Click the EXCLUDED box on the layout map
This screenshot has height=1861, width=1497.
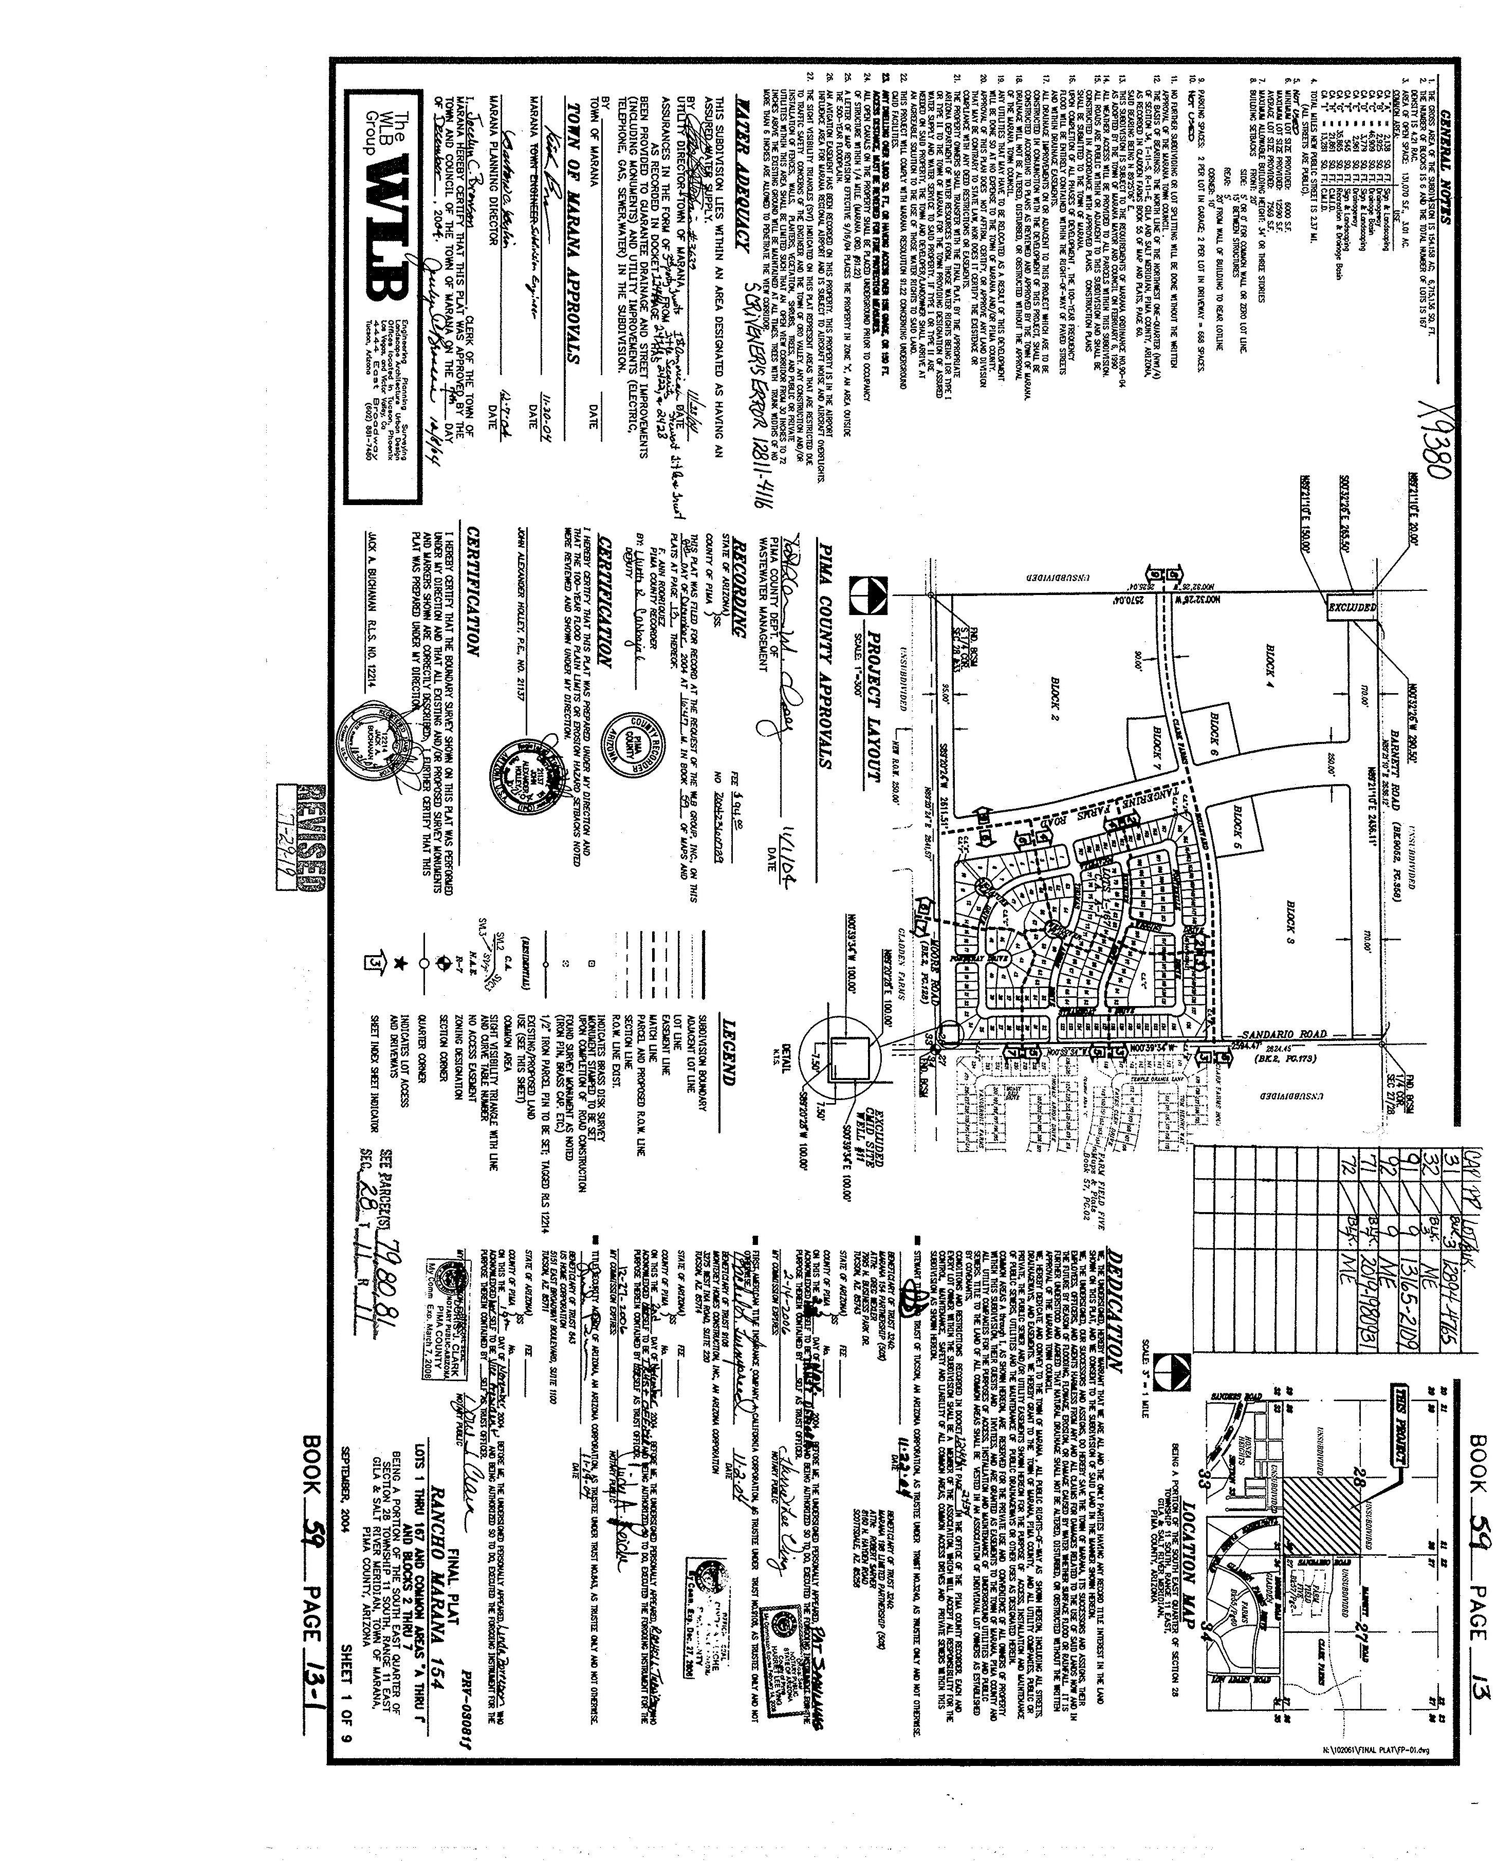[1351, 608]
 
